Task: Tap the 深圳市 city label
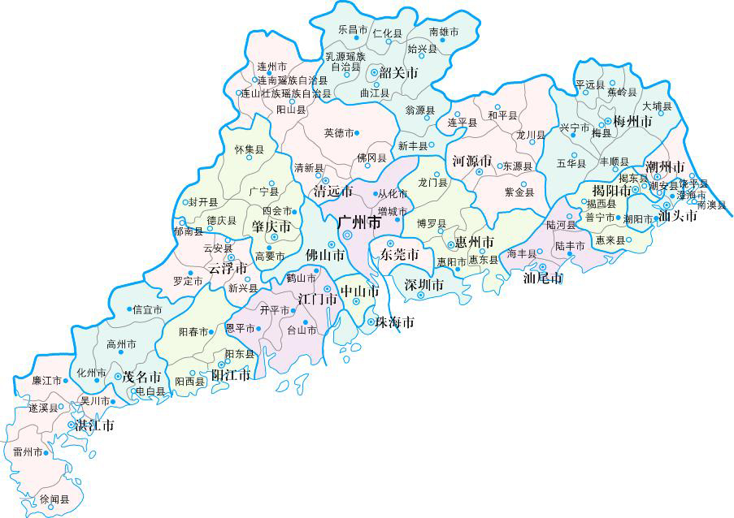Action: click(423, 284)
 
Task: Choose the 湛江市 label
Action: click(94, 425)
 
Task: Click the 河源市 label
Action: click(472, 160)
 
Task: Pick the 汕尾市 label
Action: click(543, 278)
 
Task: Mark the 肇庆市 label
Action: click(271, 225)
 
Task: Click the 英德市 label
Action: click(339, 132)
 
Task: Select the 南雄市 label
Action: click(444, 32)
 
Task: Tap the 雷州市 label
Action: click(28, 451)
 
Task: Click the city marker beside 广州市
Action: click(347, 235)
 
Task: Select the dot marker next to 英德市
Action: click(357, 132)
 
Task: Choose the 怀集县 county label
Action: click(249, 149)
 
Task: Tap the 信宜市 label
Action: click(147, 309)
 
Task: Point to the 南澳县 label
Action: click(711, 205)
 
